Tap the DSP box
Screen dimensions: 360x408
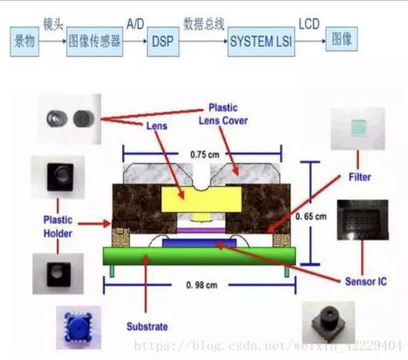pyautogui.click(x=160, y=39)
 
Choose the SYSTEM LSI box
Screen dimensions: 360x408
pyautogui.click(x=255, y=39)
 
